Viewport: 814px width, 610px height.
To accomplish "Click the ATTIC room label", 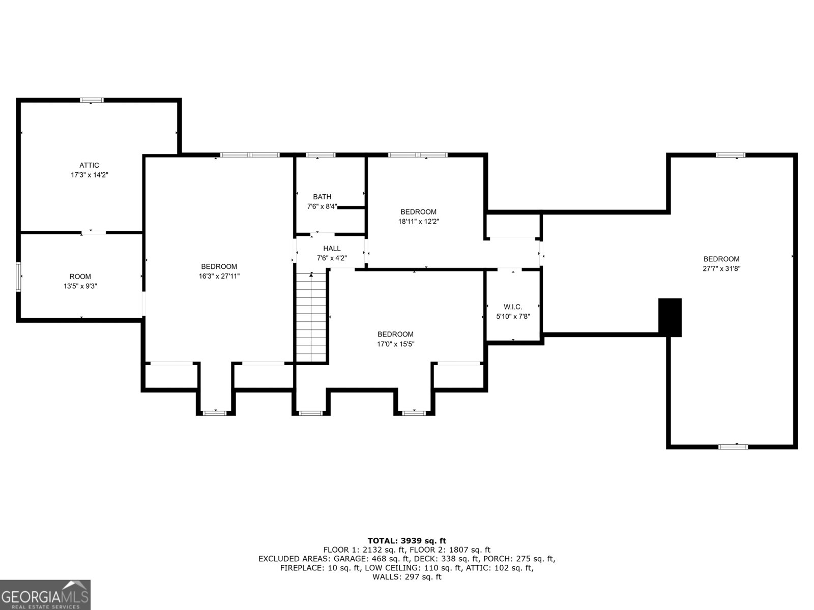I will click(89, 165).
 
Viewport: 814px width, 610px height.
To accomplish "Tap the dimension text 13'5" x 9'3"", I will click(80, 286).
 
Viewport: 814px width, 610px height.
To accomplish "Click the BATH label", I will click(322, 197).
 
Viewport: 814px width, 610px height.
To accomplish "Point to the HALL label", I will click(332, 249).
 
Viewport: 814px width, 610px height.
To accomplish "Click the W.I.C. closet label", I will click(513, 307).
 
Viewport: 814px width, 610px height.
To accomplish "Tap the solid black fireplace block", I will click(670, 317).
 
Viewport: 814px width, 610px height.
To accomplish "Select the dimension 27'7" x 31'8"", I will click(721, 269).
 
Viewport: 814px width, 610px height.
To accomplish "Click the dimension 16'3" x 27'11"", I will click(219, 276).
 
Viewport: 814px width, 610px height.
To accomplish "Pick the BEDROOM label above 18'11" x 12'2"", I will click(418, 212).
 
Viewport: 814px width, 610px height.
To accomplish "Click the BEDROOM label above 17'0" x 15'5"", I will click(395, 334).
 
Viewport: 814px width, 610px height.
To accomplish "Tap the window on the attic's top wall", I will click(92, 100).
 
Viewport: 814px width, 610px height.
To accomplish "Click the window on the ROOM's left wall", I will click(18, 277).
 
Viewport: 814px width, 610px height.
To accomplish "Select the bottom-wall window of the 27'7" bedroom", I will click(733, 447).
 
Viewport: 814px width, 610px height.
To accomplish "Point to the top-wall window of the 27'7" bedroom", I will click(731, 155).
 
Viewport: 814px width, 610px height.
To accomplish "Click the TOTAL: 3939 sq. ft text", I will click(406, 541).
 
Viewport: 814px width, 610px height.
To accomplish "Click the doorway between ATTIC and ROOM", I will click(94, 233).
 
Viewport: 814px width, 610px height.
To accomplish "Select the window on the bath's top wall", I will click(321, 155).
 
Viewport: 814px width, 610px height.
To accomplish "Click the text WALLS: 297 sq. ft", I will click(406, 577).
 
